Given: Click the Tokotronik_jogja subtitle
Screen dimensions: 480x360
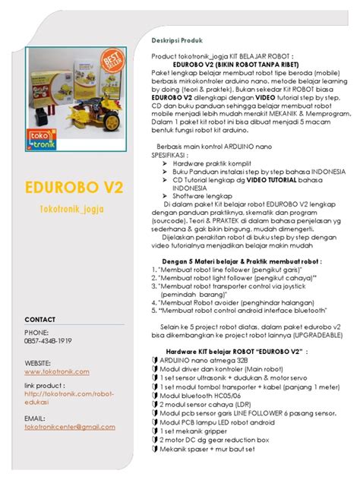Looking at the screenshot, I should point(71,208).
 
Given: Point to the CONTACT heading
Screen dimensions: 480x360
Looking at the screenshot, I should point(39,319).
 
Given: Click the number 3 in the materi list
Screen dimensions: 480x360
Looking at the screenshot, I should point(154,289).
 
